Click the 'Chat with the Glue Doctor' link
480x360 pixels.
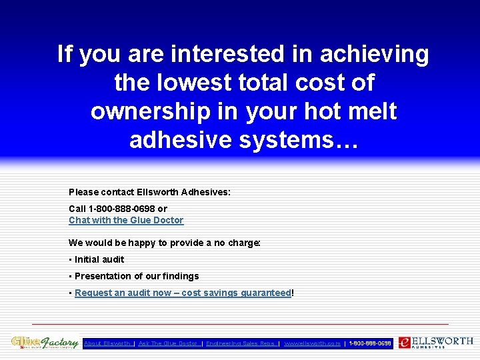126,220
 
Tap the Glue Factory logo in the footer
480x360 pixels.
45,343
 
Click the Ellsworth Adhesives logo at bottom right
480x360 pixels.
436,343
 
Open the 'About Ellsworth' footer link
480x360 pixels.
107,343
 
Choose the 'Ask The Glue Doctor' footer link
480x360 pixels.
168,343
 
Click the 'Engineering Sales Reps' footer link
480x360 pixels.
241,343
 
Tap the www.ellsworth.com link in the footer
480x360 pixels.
312,343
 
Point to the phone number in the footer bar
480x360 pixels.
370,343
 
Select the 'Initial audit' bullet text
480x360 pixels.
99,259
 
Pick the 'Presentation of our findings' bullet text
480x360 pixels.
137,276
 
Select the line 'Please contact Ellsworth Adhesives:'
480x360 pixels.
149,192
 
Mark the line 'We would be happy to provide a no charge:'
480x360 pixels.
164,243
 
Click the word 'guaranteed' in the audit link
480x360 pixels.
266,293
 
